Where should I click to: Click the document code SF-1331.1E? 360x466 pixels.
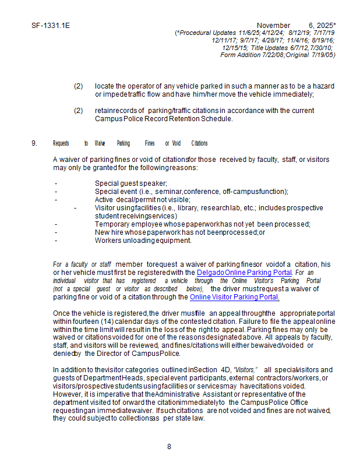(51, 26)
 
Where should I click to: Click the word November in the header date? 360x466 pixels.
(273, 26)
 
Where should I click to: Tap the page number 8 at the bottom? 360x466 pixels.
(169, 447)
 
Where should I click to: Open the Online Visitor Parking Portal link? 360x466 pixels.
(234, 297)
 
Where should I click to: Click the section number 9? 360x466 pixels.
(34, 143)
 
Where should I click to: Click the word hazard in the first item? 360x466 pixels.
(322, 86)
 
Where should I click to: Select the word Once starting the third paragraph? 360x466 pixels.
(61, 313)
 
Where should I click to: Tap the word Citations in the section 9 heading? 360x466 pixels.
(199, 143)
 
